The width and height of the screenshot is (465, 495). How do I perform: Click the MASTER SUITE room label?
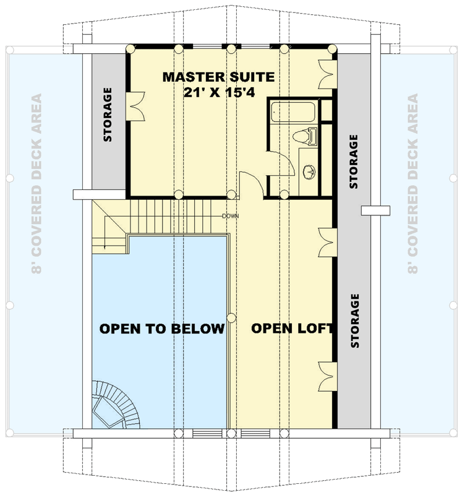218,77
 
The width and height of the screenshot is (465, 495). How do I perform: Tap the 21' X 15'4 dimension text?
218,92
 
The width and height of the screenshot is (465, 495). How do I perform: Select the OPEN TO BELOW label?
162,329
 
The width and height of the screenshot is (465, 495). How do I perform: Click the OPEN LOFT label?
292,329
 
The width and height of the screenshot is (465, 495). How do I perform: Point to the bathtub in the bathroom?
294,113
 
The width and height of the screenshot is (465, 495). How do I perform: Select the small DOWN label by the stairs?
231,216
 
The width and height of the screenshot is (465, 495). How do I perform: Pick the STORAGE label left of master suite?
108,115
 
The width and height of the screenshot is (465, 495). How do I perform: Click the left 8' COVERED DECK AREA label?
36,184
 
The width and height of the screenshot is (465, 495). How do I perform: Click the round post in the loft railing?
231,318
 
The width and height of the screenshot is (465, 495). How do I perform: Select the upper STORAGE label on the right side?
354,161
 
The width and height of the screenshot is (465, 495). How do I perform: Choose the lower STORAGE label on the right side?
354,321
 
